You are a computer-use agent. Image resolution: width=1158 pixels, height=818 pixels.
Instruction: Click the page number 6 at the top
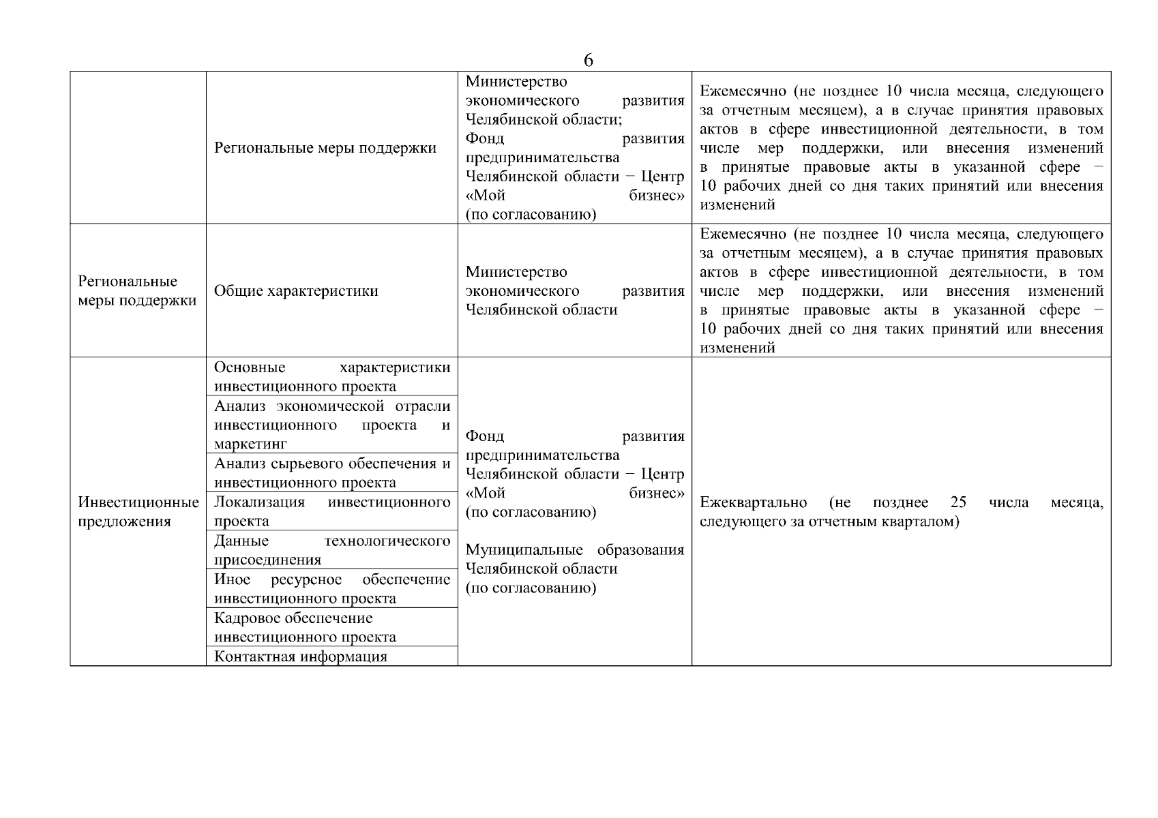(589, 60)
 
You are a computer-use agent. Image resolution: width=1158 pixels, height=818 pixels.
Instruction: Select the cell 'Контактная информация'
(301, 656)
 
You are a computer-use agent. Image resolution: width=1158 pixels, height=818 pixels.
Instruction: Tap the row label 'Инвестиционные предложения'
(138, 512)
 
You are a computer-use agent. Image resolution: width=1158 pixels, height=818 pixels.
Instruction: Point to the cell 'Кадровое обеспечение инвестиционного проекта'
(305, 627)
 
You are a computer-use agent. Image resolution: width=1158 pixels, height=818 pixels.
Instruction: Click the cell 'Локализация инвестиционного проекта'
(332, 511)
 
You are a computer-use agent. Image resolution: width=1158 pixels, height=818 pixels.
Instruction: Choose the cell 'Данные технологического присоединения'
(332, 550)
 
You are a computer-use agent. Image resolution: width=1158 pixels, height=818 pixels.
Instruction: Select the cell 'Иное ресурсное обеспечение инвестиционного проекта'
(332, 588)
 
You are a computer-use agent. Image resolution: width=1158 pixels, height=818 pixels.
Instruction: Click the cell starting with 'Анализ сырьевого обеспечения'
(332, 472)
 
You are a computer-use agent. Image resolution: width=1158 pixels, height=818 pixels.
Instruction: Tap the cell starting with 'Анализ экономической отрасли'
(332, 425)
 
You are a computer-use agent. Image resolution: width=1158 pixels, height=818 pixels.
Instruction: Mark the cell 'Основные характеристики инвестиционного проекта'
(332, 376)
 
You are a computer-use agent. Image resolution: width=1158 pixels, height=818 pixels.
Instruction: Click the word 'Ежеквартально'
(753, 502)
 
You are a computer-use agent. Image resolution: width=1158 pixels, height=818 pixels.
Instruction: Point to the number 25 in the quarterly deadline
(958, 502)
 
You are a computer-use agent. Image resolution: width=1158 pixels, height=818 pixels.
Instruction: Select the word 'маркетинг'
(250, 444)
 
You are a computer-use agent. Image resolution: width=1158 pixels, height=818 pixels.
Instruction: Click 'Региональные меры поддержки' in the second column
(325, 148)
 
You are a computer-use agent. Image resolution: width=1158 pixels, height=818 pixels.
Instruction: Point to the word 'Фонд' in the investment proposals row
(484, 436)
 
